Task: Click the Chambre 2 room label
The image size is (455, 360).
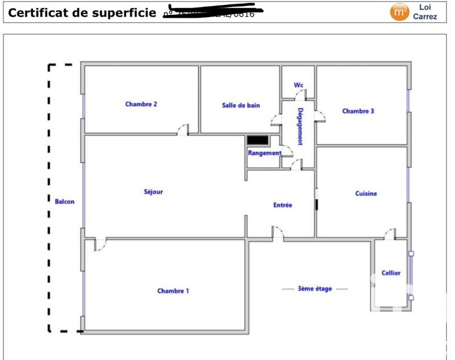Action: [x=141, y=104]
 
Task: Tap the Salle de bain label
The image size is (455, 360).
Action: [x=241, y=105]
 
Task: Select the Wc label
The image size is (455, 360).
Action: [x=299, y=85]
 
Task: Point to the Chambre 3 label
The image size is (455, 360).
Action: [x=358, y=111]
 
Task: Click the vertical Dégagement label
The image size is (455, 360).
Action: [x=300, y=126]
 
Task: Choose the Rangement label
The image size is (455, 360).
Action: [x=264, y=153]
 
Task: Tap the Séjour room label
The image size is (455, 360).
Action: [x=153, y=192]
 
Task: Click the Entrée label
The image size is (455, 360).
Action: [x=283, y=205]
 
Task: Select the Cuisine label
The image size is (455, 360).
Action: [x=366, y=193]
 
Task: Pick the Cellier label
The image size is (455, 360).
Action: [x=391, y=273]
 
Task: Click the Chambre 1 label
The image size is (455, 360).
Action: [x=173, y=291]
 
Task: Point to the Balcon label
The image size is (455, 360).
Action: [x=64, y=201]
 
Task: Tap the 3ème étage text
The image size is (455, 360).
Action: [x=315, y=289]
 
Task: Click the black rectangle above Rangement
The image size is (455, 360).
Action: [x=258, y=140]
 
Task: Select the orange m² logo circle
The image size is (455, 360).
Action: [x=399, y=12]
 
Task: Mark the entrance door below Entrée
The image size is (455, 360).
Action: [x=278, y=233]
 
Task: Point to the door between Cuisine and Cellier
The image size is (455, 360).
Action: [x=390, y=234]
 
